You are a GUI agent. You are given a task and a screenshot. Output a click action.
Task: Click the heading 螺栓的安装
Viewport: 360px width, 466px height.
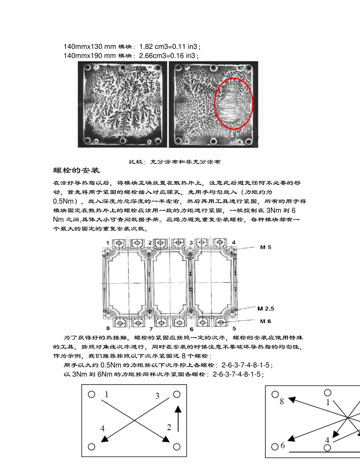(77, 170)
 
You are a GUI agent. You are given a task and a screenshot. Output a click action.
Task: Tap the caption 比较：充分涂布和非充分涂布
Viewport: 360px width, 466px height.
(175, 162)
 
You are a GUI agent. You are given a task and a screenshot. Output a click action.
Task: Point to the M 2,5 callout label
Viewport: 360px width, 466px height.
(266, 309)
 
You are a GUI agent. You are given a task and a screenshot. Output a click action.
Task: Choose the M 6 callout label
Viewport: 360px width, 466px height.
(265, 321)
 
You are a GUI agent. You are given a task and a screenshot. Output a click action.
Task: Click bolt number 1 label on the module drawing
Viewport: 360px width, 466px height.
(108, 242)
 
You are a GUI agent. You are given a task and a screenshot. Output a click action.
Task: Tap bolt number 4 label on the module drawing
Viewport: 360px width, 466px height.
(233, 242)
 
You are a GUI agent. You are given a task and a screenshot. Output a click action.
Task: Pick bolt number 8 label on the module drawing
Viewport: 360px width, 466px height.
(108, 328)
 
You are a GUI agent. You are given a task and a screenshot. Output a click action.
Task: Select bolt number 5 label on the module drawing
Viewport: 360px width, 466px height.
(234, 328)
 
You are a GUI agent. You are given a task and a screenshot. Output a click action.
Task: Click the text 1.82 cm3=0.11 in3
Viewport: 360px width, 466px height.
(169, 47)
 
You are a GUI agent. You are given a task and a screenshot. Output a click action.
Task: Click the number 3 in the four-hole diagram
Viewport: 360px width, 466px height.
(157, 396)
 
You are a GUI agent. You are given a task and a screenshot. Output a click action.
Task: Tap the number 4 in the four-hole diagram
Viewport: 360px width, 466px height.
(103, 428)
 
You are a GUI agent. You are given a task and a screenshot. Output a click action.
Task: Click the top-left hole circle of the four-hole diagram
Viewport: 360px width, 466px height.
(91, 394)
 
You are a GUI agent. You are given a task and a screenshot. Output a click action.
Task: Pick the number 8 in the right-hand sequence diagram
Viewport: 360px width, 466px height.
(282, 401)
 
